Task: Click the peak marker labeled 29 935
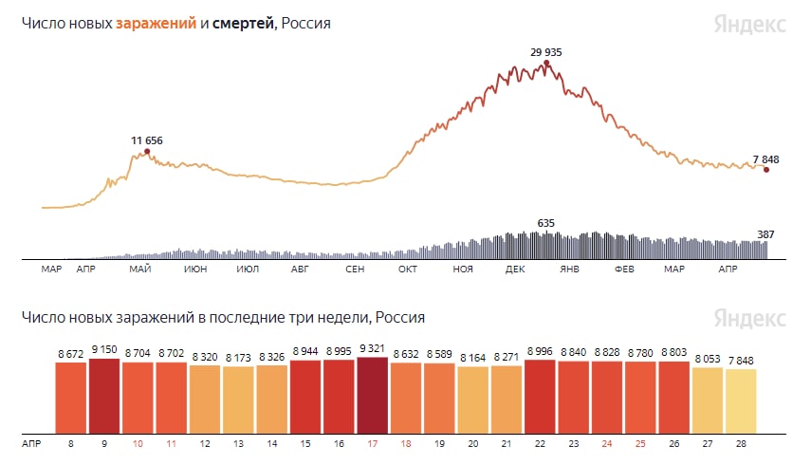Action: [x=546, y=64]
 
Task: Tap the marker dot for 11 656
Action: [x=146, y=151]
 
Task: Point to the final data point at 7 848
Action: [x=765, y=170]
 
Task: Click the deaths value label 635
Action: [x=545, y=224]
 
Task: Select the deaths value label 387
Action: [x=765, y=233]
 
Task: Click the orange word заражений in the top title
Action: [x=157, y=23]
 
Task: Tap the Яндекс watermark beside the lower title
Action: [x=749, y=316]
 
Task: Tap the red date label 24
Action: [x=606, y=442]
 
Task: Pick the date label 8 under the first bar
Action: [x=71, y=442]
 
